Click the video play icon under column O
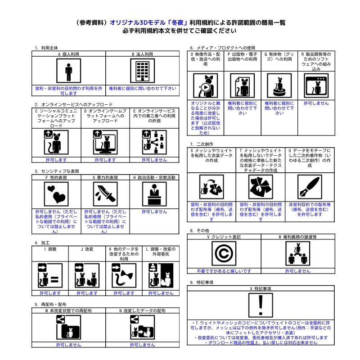(x=206, y=85)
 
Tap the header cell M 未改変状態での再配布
(x=69, y=311)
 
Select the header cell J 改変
(x=87, y=249)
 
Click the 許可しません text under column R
(x=316, y=103)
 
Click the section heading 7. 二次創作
(x=202, y=144)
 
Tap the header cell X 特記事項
(x=260, y=288)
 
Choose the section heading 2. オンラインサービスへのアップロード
(x=70, y=104)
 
